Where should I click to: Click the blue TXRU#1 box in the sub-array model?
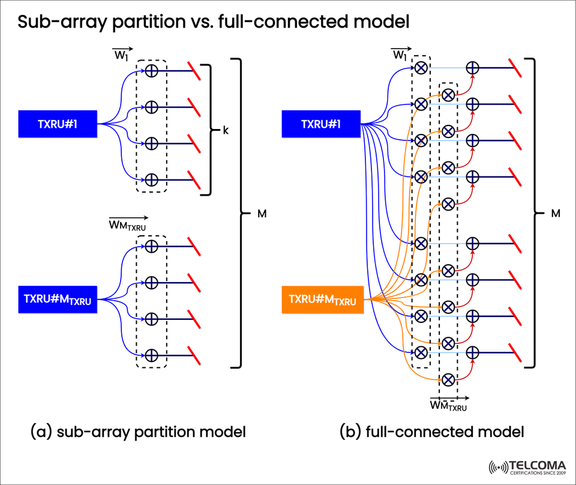coord(58,124)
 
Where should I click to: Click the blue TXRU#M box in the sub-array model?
coord(58,300)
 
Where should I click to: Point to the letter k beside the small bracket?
coord(226,130)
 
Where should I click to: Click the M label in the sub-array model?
coord(262,213)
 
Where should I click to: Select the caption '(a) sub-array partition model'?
coord(137,431)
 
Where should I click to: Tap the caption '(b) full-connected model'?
coord(431,431)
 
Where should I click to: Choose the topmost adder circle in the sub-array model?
coord(152,70)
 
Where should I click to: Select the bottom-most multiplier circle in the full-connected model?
coord(448,379)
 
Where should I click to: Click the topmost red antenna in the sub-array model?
coord(193,70)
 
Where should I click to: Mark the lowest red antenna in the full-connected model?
coord(515,352)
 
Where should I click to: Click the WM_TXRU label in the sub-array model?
coord(127,224)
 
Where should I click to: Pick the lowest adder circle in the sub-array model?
coord(152,354)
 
